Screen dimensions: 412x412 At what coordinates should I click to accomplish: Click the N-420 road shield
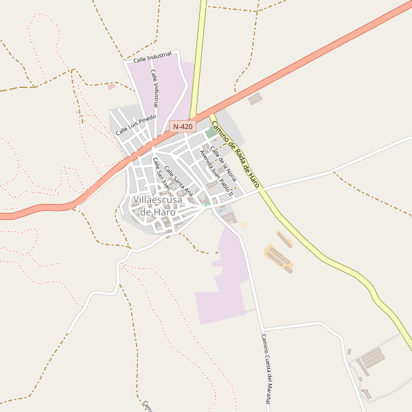pyautogui.click(x=183, y=126)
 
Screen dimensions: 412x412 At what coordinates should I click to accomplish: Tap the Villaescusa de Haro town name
pyautogui.click(x=158, y=206)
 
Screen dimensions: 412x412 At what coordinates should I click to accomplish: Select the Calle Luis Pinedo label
pyautogui.click(x=136, y=124)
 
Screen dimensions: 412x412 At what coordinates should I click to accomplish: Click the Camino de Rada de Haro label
pyautogui.click(x=235, y=154)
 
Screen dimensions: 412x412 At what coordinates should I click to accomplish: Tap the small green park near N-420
pyautogui.click(x=209, y=134)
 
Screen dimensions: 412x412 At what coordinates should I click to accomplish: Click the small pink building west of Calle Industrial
pyautogui.click(x=111, y=87)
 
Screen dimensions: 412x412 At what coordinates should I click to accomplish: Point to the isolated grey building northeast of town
pyautogui.click(x=255, y=99)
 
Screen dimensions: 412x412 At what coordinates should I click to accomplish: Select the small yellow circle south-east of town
pyautogui.click(x=242, y=225)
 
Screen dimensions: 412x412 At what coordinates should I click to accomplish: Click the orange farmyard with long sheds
pyautogui.click(x=279, y=257)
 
